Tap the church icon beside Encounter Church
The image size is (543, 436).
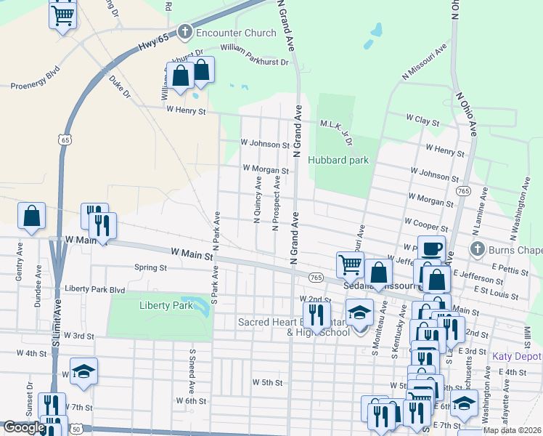click(184, 32)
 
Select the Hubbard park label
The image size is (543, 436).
click(338, 160)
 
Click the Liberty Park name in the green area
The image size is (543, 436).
click(166, 305)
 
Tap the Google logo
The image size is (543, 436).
click(24, 427)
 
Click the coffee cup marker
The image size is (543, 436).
click(431, 248)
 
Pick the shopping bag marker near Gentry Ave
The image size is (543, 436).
click(31, 216)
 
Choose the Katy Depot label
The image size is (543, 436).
click(517, 356)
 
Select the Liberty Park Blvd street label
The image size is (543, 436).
click(95, 288)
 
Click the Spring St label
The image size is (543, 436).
click(151, 267)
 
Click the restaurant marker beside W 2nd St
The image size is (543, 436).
click(316, 314)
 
